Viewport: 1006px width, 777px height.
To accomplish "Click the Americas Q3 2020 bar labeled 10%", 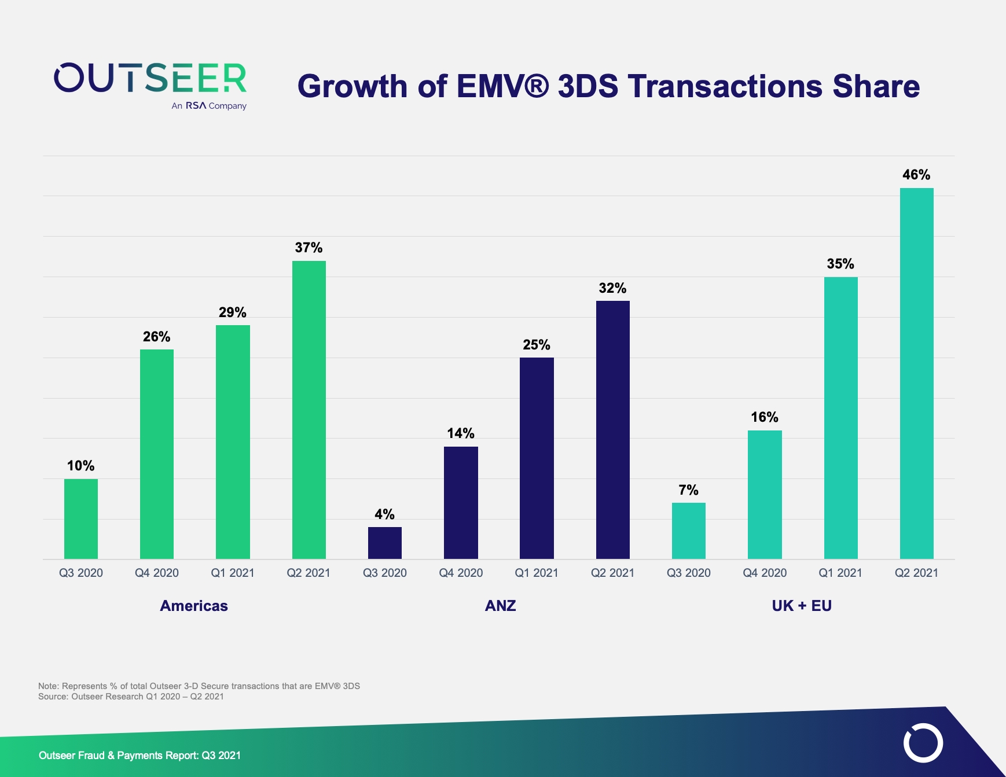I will [x=81, y=518].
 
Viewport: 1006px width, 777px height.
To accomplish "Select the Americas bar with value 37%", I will [x=309, y=410].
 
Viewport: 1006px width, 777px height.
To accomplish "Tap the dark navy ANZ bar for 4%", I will [x=385, y=543].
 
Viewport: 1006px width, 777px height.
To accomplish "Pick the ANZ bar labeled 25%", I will [x=537, y=458].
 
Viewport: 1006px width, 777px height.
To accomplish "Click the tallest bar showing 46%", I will [x=916, y=373].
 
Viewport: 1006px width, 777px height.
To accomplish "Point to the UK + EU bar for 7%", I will [x=688, y=531].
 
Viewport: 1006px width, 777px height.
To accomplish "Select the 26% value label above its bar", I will [x=156, y=337].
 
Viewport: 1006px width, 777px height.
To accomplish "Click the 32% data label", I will [x=612, y=288].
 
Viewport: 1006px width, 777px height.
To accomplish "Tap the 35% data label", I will [x=840, y=264].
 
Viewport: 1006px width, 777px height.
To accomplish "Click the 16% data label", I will [x=764, y=417].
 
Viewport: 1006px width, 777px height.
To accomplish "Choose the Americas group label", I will [x=194, y=606].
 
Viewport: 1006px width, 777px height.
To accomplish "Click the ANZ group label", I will [x=500, y=606].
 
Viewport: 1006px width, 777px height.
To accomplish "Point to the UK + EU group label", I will [x=802, y=606].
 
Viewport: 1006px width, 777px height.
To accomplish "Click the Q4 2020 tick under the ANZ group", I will [x=461, y=573].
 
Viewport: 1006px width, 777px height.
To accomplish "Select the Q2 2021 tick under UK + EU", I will [x=916, y=573].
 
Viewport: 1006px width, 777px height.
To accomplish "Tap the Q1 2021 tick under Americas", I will [x=233, y=573].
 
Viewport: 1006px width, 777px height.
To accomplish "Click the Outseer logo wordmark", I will [x=150, y=79].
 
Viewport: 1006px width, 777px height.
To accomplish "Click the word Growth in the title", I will [x=353, y=86].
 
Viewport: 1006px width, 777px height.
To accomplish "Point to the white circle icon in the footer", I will [x=923, y=742].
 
